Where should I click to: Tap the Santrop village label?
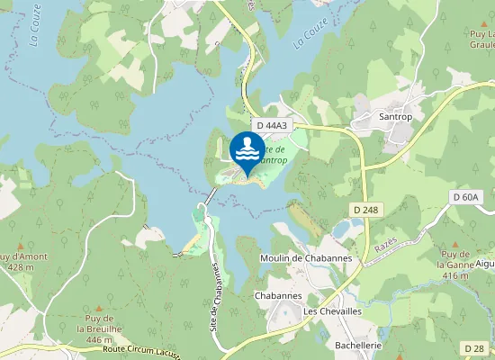(x=396, y=117)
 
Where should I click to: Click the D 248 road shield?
(x=364, y=208)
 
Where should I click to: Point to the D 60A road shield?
(x=467, y=196)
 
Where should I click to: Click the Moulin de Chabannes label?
(x=305, y=259)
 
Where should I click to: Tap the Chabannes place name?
(x=278, y=295)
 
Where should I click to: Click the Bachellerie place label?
(x=358, y=346)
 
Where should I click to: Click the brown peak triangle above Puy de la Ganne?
(x=455, y=244)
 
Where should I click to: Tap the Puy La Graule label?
(x=481, y=39)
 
